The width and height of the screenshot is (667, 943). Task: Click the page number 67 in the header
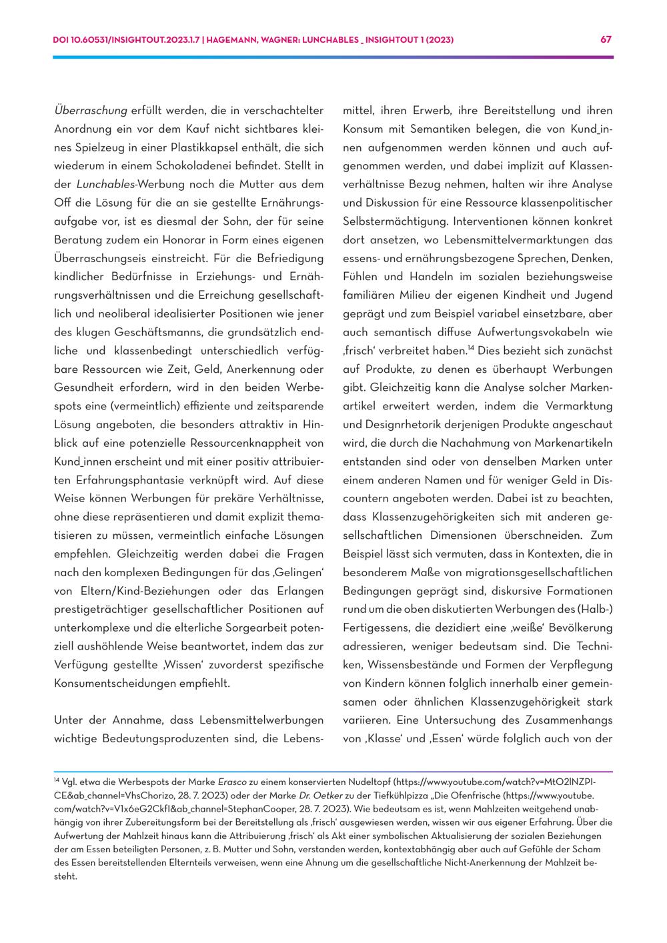point(606,39)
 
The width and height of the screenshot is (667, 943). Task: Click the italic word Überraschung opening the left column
point(91,110)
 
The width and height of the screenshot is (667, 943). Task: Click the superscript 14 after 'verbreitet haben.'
point(471,347)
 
